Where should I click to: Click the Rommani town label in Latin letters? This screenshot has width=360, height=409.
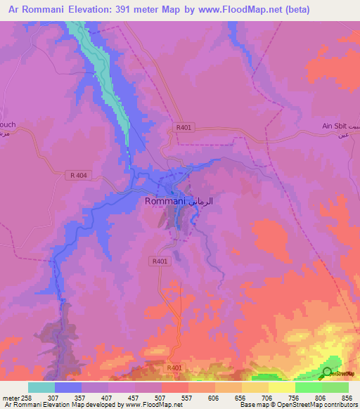coord(165,201)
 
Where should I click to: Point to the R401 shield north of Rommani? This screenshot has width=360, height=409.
coord(183,127)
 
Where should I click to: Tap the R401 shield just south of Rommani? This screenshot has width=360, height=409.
coord(160,261)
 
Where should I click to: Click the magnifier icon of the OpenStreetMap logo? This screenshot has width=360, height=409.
coord(327,374)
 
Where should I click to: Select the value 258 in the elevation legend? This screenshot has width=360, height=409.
coord(27,397)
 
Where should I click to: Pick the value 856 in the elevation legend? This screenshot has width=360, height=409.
coord(347,397)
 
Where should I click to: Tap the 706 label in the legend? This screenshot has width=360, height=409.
coord(266,397)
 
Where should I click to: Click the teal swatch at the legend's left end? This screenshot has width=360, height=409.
coord(41,387)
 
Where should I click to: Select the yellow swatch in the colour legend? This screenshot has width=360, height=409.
coord(281,387)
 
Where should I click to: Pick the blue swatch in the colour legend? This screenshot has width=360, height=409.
coord(68,387)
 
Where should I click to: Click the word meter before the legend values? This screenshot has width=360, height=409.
coord(11,397)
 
